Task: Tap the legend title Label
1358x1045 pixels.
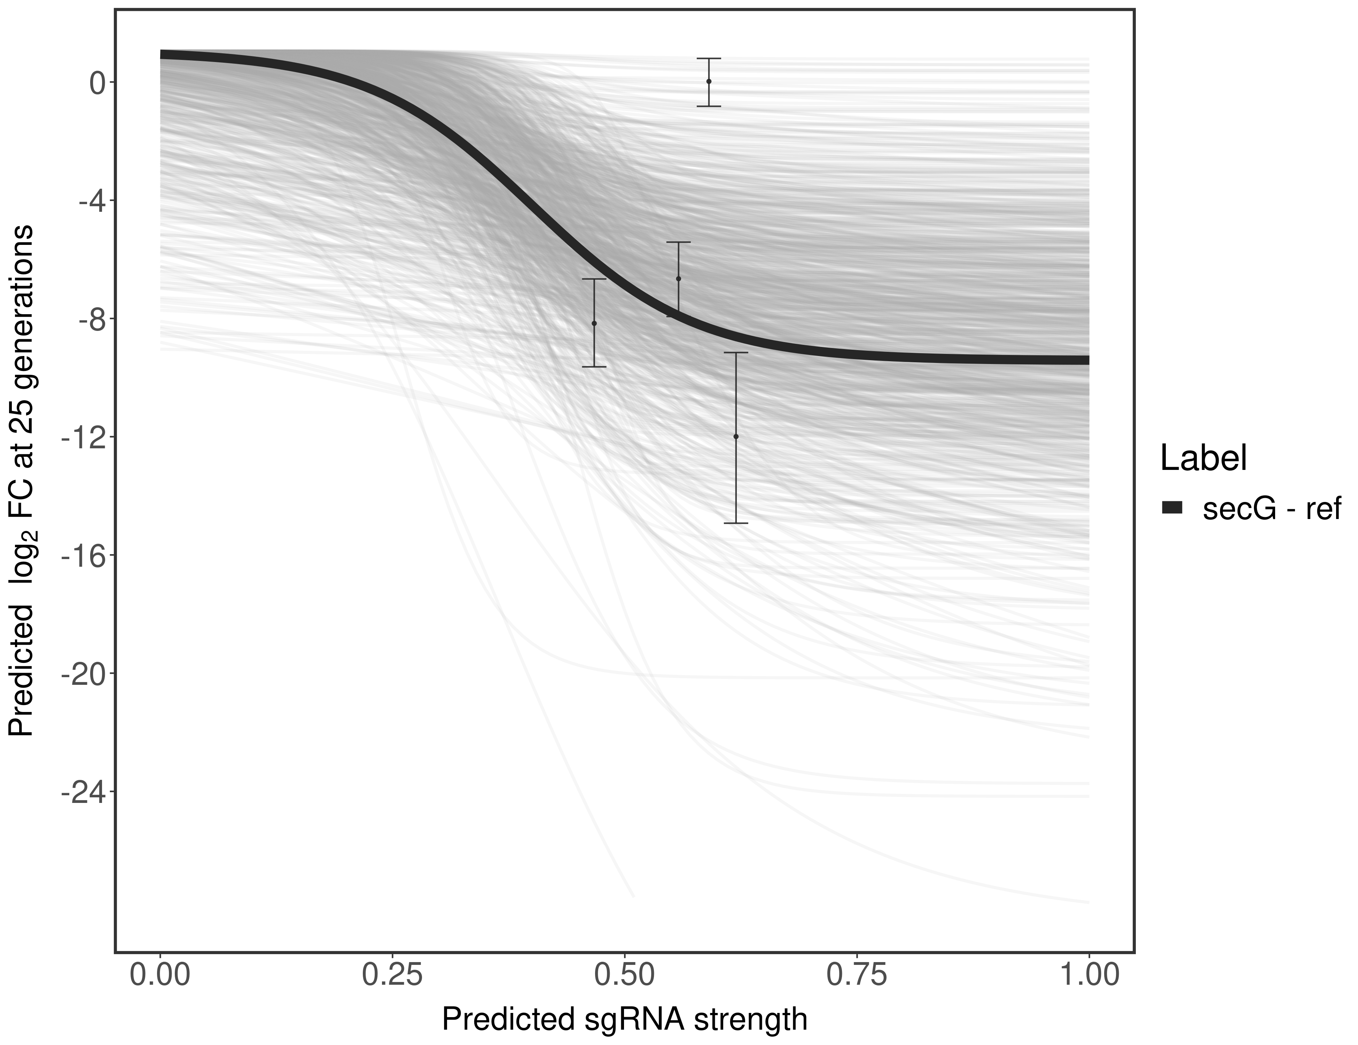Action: coord(1204,459)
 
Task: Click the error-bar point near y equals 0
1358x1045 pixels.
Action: coord(709,82)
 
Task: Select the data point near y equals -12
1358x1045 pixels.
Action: coord(736,437)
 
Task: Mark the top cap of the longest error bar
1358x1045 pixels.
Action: coord(736,353)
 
